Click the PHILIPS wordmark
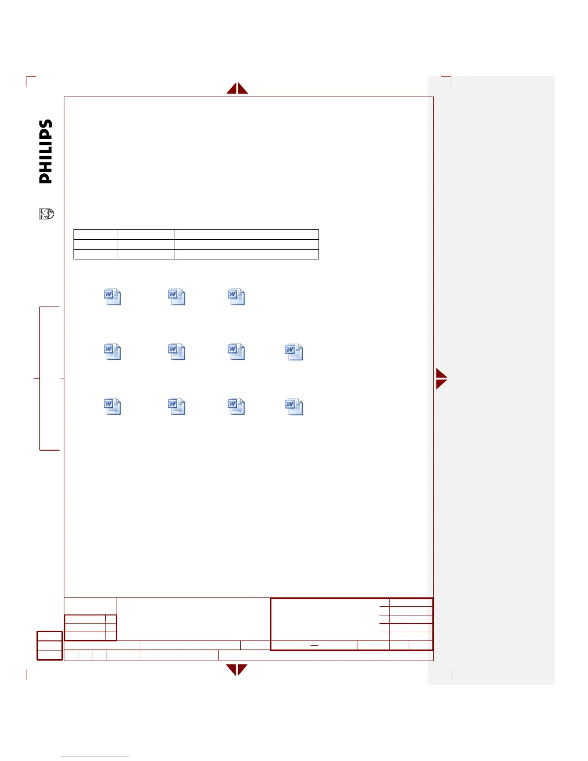point(46,151)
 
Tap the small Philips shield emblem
point(47,214)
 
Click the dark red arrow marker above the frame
point(237,88)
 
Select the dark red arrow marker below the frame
point(237,670)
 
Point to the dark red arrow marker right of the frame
point(441,379)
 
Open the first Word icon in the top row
point(112,297)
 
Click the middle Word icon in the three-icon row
point(177,297)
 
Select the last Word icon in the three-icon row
point(236,297)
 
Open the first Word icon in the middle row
point(112,352)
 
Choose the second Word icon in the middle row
point(177,352)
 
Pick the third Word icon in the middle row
point(236,352)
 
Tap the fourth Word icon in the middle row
point(294,352)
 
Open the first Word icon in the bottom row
point(112,406)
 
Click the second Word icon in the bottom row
point(177,406)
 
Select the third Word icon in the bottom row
point(236,406)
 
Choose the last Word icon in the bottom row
point(294,407)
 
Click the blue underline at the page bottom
point(95,757)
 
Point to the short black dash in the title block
point(315,645)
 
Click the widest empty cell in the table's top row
point(246,234)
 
